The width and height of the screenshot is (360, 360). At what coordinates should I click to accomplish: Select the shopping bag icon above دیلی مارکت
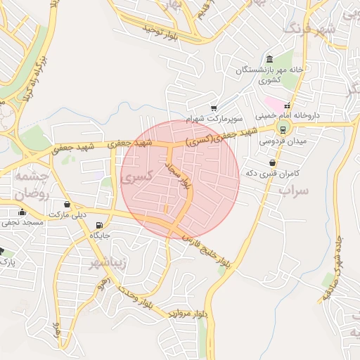[67, 204]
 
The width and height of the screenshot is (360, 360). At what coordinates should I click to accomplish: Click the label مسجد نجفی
[22, 222]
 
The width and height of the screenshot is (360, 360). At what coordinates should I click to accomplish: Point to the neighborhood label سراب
[294, 190]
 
